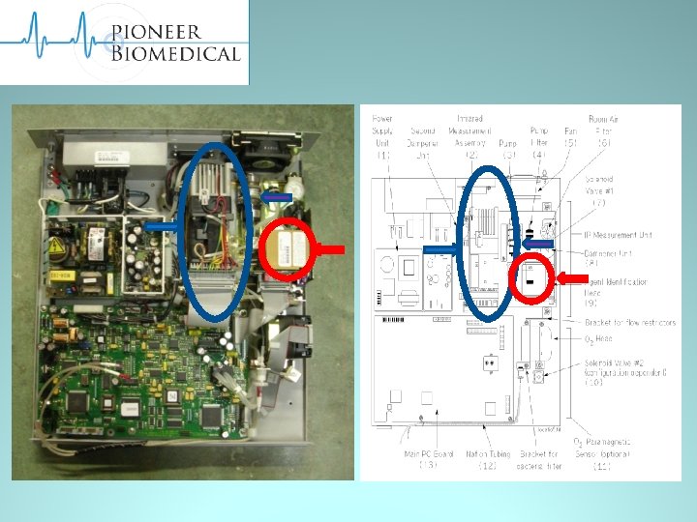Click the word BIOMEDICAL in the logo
pyautogui.click(x=174, y=52)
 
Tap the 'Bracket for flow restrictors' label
pyautogui.click(x=629, y=322)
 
